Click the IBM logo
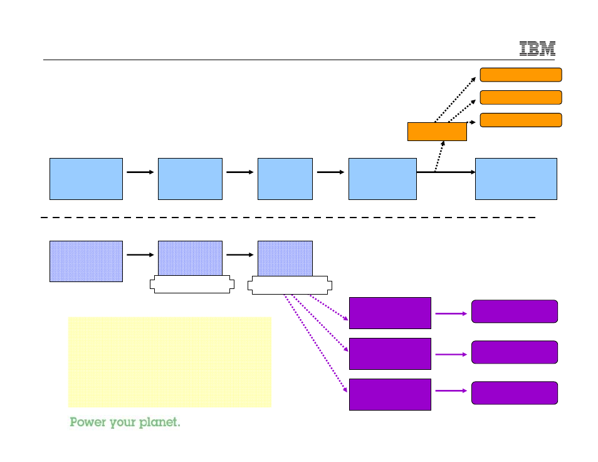(537, 49)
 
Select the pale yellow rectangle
(170, 362)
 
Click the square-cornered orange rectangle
(437, 132)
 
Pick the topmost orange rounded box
(521, 75)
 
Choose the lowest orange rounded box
(521, 120)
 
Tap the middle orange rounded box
(521, 97)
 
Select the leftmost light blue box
(87, 179)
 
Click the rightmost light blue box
(516, 179)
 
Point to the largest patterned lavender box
(87, 261)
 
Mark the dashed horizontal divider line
(288, 218)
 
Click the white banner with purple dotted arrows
(290, 285)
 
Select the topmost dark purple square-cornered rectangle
(390, 313)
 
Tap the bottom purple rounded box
(515, 392)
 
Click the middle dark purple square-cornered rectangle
(390, 354)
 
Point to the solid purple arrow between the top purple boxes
(451, 313)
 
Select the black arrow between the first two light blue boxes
(140, 172)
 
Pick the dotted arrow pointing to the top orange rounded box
(455, 100)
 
